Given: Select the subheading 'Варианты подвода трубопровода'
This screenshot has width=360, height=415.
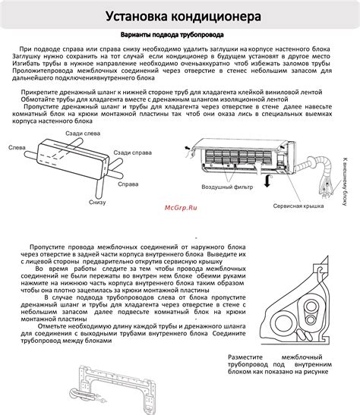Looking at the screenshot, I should click(179, 35).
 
